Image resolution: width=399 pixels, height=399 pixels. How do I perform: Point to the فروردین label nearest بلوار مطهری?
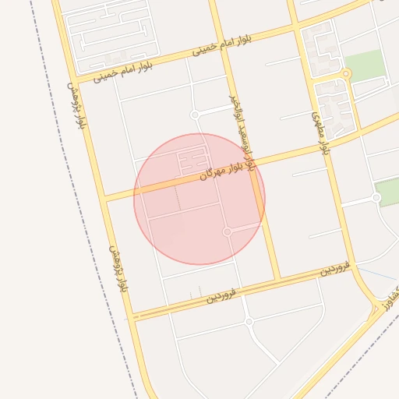pyautogui.click(x=336, y=269)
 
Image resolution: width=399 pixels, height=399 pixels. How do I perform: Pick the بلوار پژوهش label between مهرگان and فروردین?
pyautogui.click(x=117, y=270)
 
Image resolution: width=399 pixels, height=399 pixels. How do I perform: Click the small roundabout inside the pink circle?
pyautogui.click(x=227, y=231)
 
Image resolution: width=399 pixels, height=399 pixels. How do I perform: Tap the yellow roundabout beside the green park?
pyautogui.click(x=347, y=75)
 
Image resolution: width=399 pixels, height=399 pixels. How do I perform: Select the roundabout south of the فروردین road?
pyautogui.click(x=249, y=321)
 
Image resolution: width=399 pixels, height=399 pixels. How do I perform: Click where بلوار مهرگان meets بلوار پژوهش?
pyautogui.click(x=104, y=196)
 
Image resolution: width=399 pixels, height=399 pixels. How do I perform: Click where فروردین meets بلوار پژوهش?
pyautogui.click(x=132, y=315)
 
